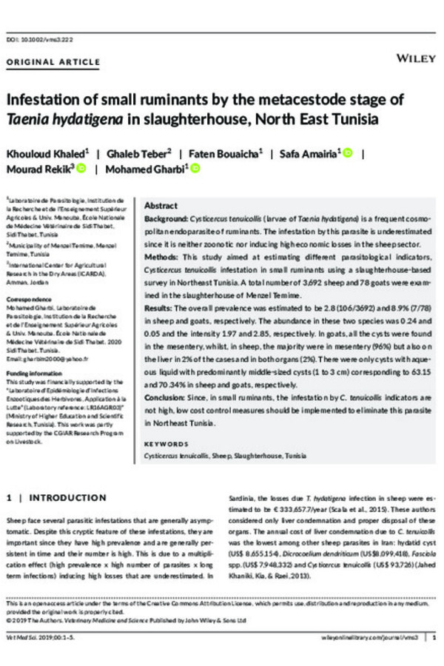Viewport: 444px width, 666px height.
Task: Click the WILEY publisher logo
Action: point(416,58)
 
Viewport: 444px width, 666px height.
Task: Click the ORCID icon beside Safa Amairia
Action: point(347,153)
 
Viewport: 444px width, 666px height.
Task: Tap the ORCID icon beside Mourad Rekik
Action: point(81,169)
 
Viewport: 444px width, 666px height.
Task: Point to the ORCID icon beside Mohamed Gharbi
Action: point(195,169)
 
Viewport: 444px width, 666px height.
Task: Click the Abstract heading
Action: point(161,205)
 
